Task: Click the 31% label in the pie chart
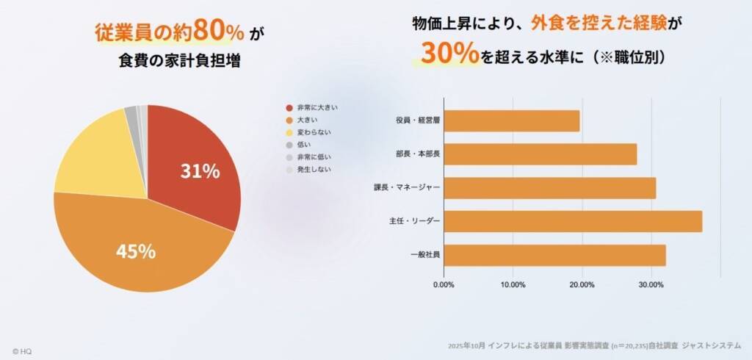(200, 172)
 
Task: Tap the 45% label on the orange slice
(136, 251)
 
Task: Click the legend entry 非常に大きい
(317, 107)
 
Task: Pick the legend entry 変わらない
(314, 133)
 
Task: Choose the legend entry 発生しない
(314, 170)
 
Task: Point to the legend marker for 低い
(289, 145)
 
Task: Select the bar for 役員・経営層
(512, 121)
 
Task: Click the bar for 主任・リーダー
(573, 222)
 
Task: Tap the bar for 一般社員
(555, 255)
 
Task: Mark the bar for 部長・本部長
(540, 154)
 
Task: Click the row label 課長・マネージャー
(407, 188)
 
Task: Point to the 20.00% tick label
(582, 284)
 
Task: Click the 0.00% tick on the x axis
(444, 284)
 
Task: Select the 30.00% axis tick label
(651, 284)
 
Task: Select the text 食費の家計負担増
(179, 61)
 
